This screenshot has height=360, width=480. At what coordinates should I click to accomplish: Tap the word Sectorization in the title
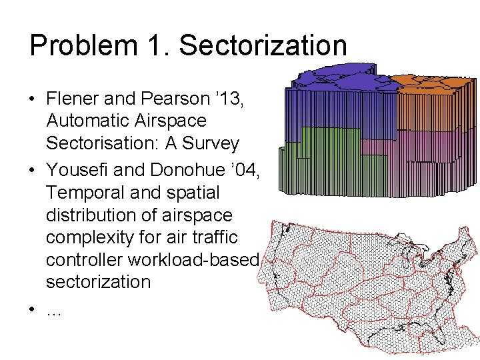coord(263,46)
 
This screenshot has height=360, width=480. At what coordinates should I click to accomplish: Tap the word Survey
coord(213,144)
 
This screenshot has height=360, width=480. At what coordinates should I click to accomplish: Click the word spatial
coord(191,192)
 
